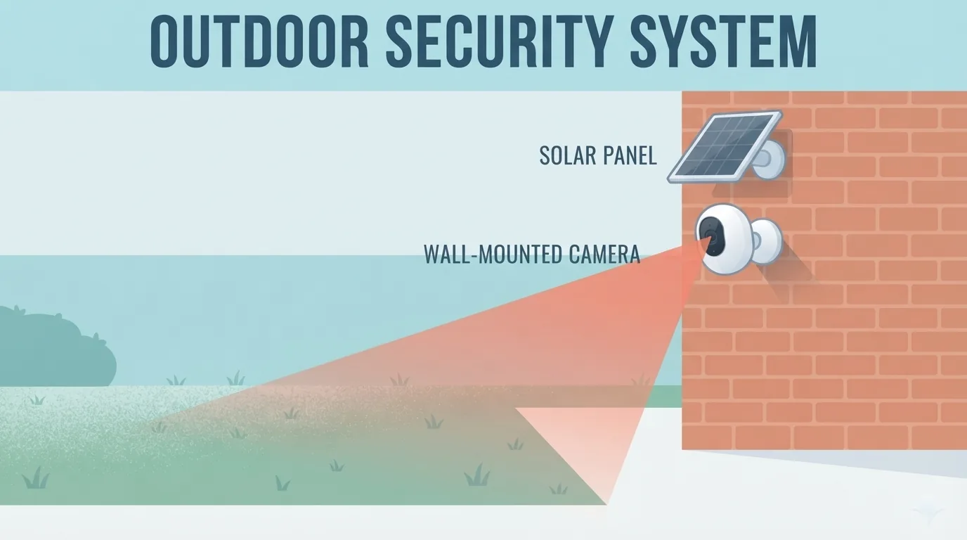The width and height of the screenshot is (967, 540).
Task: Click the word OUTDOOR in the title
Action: (x=259, y=41)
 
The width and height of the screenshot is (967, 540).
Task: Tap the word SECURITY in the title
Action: (x=500, y=41)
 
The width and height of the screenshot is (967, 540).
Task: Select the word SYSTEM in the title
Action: (x=724, y=41)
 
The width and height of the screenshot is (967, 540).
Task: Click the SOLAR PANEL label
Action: (x=598, y=155)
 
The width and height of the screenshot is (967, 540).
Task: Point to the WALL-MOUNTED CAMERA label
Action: (x=532, y=254)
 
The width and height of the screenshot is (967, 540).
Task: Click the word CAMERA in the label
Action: (x=604, y=254)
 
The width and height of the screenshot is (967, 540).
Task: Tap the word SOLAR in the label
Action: (x=567, y=155)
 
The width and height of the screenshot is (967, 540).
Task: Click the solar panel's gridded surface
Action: (x=725, y=147)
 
